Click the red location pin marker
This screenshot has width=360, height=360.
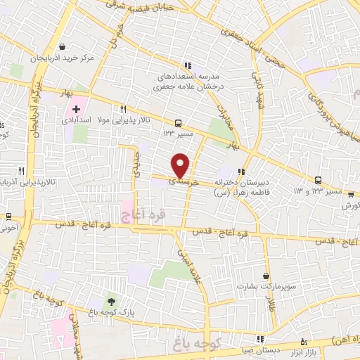point(181,165)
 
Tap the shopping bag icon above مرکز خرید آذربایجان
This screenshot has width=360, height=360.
point(64,48)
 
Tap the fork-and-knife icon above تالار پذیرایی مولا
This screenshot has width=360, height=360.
point(123,109)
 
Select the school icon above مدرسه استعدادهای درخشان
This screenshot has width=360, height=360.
point(186,65)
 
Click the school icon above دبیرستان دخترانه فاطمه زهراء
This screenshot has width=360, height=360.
point(242,171)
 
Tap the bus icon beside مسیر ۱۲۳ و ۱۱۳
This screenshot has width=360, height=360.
point(318,180)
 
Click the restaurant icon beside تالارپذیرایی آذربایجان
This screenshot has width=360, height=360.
point(21,171)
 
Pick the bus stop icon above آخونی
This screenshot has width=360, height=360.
point(8,217)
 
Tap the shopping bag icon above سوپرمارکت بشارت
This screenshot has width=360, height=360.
point(266,276)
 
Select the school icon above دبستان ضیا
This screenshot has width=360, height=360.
point(260,338)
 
